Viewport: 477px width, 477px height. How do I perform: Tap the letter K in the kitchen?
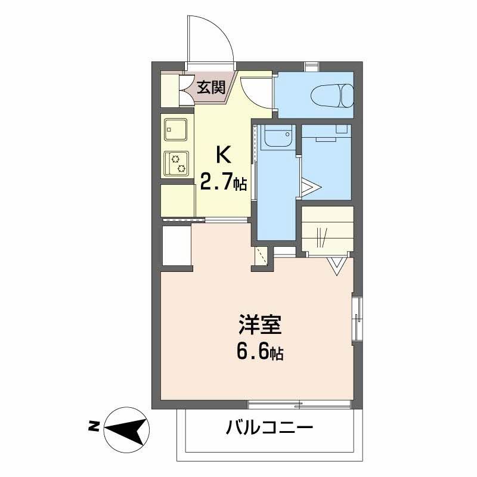(x=222, y=155)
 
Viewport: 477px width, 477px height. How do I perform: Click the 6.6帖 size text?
(x=260, y=352)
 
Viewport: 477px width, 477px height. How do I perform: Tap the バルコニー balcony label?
(x=269, y=428)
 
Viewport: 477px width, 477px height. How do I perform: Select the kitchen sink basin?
(x=176, y=128)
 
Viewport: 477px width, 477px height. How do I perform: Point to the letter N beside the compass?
(x=94, y=426)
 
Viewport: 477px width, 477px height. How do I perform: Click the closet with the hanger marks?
(x=327, y=230)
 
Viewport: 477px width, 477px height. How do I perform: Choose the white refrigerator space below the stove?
(x=178, y=201)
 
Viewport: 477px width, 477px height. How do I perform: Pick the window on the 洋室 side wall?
(x=357, y=317)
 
